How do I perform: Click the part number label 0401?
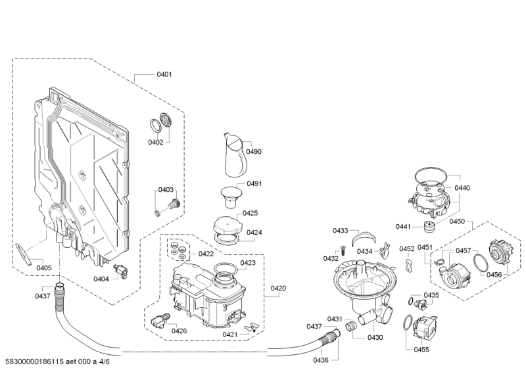pos(164,74)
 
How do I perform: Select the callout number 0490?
pos(254,152)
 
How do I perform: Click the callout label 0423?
pos(248,263)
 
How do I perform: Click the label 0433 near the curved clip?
pos(340,231)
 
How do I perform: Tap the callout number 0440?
pos(462,188)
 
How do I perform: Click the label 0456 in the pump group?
pos(494,275)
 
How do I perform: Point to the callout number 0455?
pos(422,349)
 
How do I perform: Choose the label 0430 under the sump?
pos(375,337)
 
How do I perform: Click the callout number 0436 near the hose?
pos(321,360)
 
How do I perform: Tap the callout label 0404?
pos(101,279)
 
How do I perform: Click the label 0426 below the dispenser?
pos(179,331)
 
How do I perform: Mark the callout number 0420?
pos(278,288)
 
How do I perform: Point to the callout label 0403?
pos(165,190)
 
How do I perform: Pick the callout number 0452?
pos(407,249)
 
